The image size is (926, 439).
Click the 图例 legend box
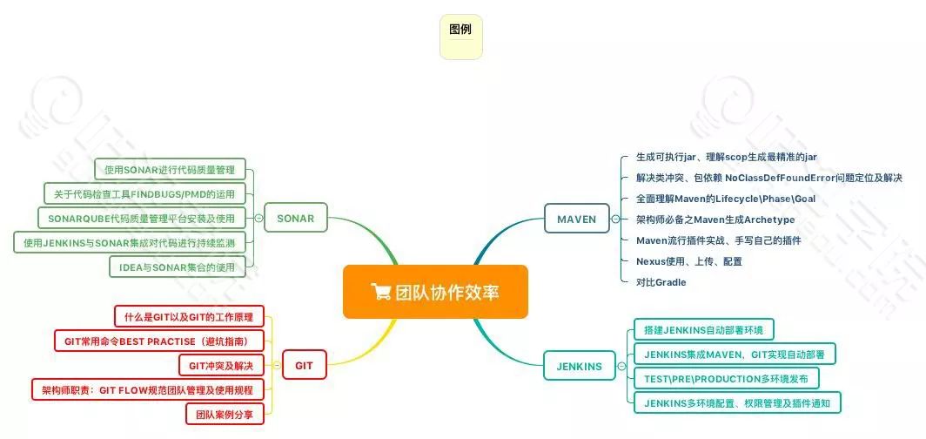pos(460,37)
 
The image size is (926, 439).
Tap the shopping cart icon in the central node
pos(379,292)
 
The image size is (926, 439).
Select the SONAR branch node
pos(297,218)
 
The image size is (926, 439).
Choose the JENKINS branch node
pos(579,366)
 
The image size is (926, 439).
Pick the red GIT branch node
pos(304,365)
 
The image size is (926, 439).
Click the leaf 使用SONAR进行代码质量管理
pos(170,169)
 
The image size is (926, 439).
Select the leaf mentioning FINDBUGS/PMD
pos(144,193)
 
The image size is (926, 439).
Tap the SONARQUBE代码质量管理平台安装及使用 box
pos(142,218)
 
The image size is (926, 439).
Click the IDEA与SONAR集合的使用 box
pos(178,267)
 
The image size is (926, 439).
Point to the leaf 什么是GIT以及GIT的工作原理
pos(189,316)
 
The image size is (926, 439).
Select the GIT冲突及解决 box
pos(221,365)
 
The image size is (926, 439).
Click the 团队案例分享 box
pos(225,414)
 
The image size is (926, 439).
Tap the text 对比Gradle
pos(661,282)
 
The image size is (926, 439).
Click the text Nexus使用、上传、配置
pos(689,261)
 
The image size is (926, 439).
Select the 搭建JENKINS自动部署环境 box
pos(702,330)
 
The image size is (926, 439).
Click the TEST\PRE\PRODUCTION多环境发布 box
pos(726,379)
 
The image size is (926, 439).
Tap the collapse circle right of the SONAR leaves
pos(258,218)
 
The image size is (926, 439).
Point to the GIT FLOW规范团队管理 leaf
pos(147,389)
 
